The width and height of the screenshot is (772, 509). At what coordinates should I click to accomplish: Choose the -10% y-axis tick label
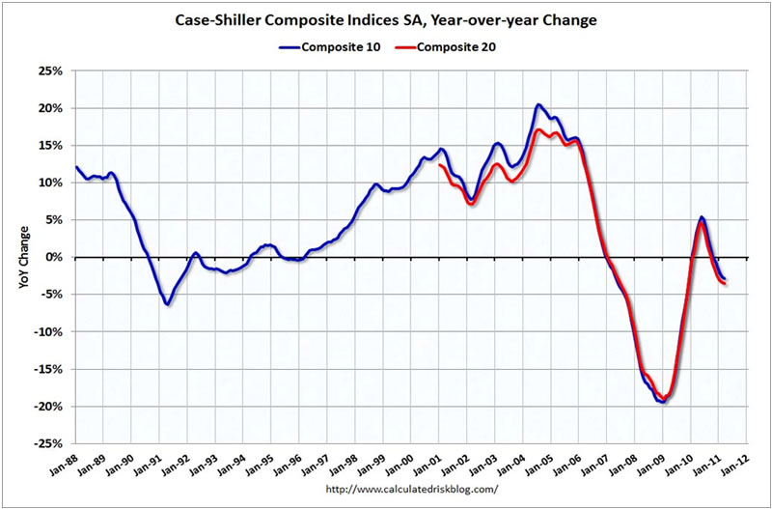tap(48, 332)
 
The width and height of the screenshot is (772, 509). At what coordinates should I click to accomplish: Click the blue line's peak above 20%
tap(538, 104)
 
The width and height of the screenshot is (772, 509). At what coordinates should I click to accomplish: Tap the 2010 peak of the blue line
tap(702, 217)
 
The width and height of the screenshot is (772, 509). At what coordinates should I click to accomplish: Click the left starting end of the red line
tap(439, 165)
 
